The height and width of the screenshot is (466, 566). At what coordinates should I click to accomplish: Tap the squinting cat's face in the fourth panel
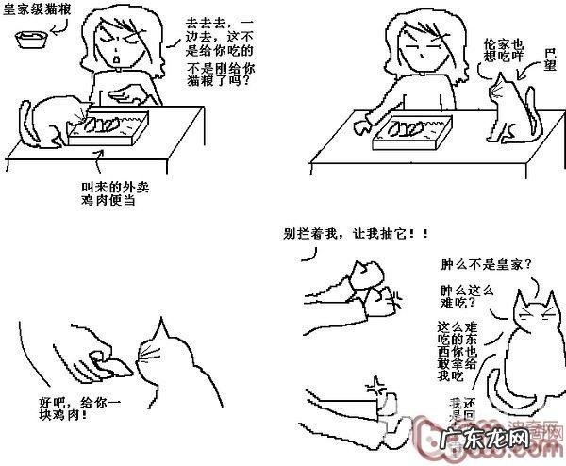533,316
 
